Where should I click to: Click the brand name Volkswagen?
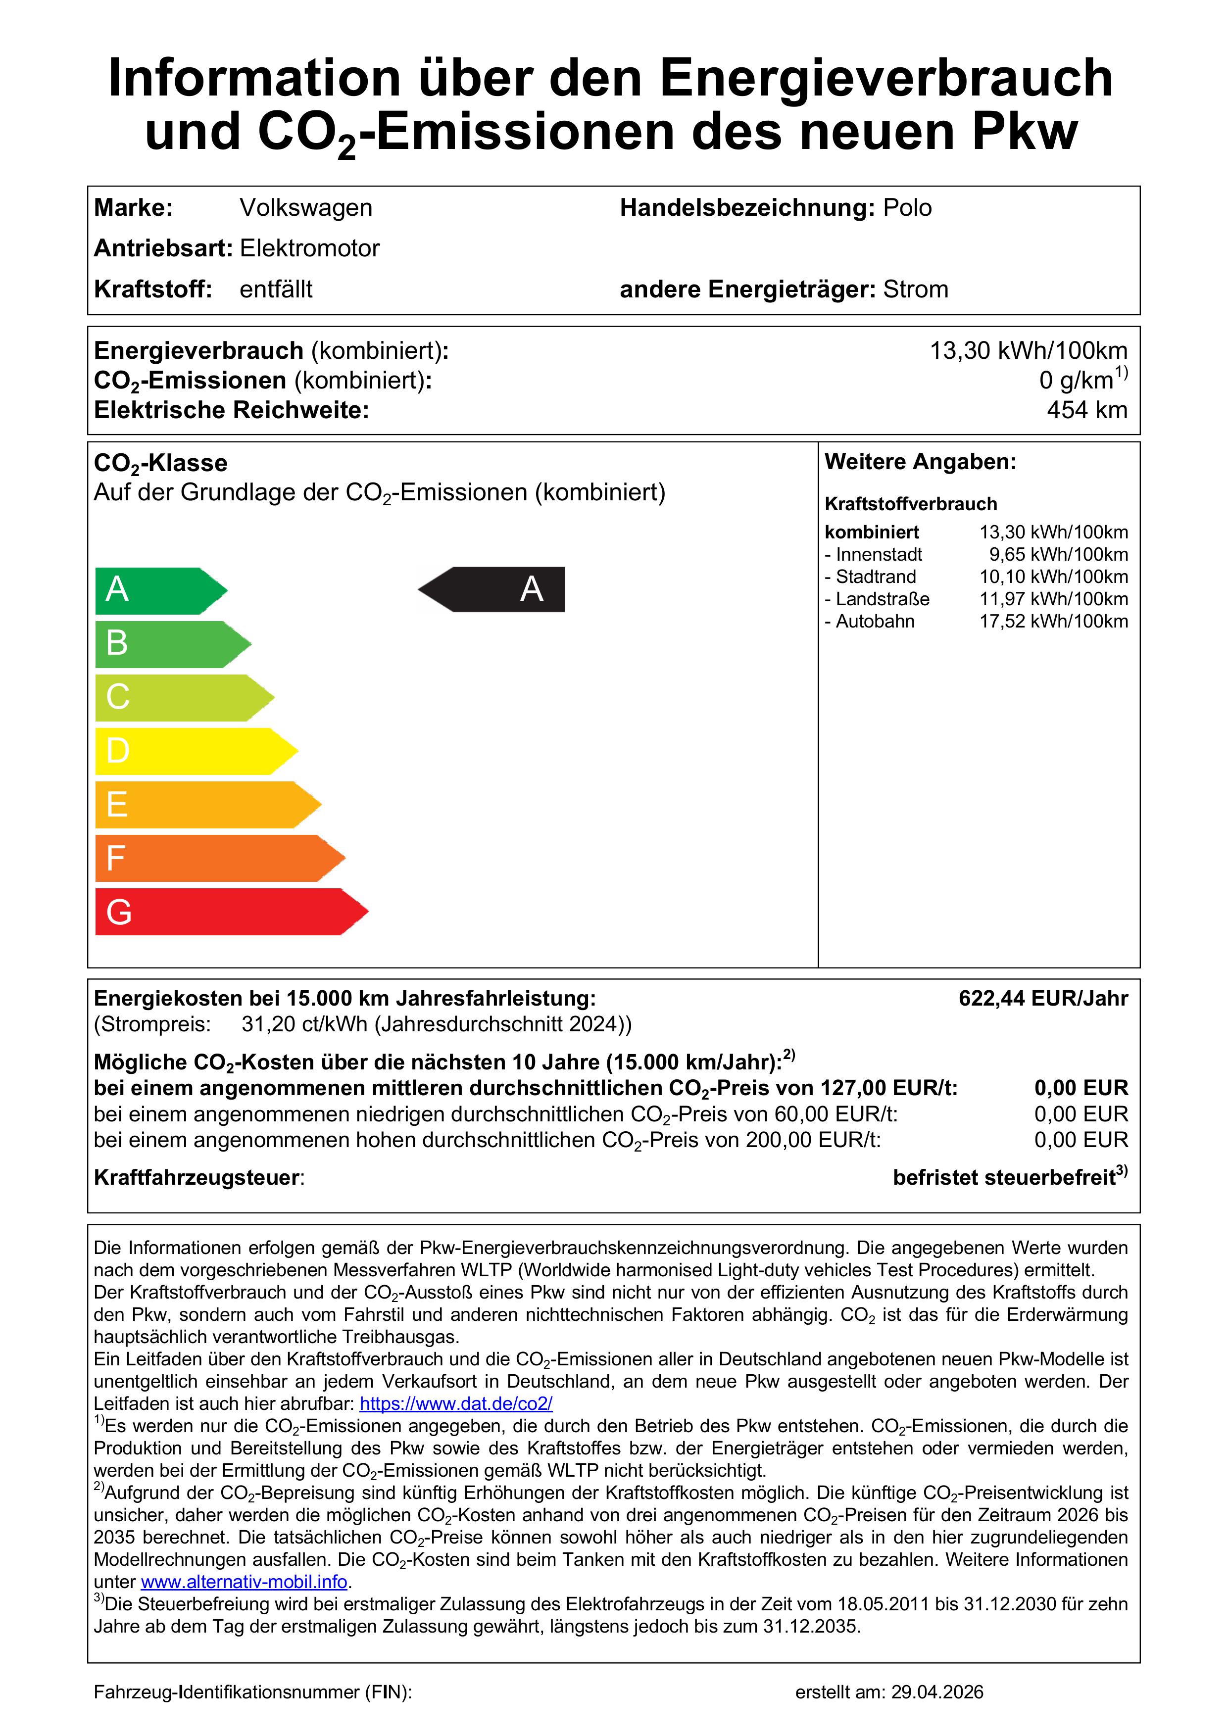coord(305,208)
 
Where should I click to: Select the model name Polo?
coord(907,208)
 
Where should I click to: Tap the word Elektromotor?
coord(309,249)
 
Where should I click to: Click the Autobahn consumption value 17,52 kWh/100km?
coord(1053,622)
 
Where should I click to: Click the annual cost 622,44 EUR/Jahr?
coord(1043,998)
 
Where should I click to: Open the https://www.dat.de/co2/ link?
coord(456,1404)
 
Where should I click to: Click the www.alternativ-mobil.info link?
coord(244,1583)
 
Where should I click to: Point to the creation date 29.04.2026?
coord(937,1692)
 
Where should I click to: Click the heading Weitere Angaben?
coord(920,462)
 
